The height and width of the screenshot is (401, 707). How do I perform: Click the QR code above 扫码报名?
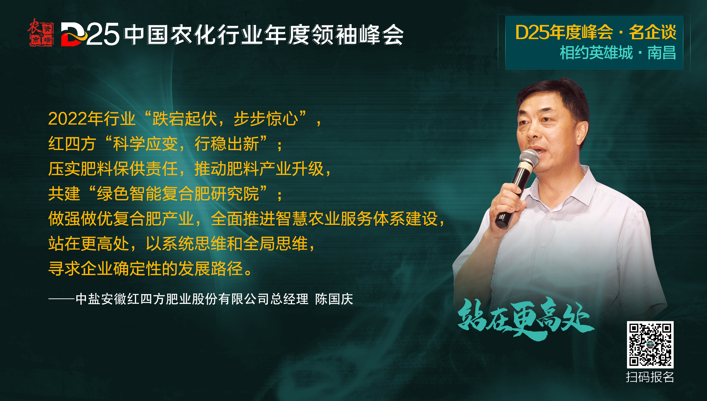(x=650, y=344)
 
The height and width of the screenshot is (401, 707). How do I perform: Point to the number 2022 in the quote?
(x=68, y=119)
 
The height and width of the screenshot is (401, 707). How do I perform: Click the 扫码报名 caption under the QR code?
(x=650, y=377)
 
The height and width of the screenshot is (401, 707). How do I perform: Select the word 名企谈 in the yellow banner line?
(x=653, y=32)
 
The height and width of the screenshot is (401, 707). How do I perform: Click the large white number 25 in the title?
(x=103, y=34)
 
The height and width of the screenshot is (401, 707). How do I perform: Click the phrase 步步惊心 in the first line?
(x=266, y=119)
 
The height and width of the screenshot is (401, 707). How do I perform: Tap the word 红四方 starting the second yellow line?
(x=72, y=144)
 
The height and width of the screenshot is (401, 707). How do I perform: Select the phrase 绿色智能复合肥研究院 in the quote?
(x=178, y=194)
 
